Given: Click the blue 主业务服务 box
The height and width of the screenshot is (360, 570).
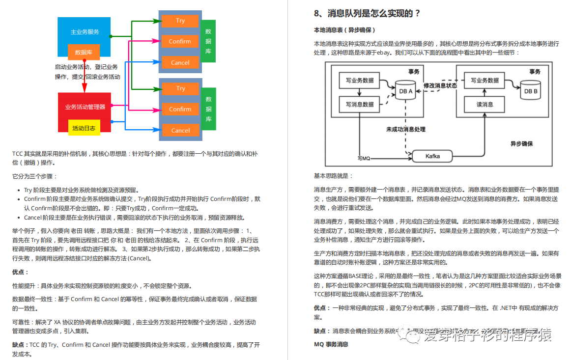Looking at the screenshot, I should [x=85, y=31].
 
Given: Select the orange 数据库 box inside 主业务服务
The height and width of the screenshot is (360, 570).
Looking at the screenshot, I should [x=84, y=52].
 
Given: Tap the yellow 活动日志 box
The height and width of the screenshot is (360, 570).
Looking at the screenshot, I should [x=84, y=128].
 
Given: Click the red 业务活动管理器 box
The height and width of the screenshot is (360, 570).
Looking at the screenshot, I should [x=85, y=107].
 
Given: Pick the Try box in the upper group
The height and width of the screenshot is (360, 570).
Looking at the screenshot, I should [x=180, y=21].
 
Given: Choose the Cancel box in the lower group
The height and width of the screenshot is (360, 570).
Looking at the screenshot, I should [x=180, y=130].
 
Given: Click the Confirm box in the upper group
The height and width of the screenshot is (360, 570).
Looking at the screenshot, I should [x=180, y=42].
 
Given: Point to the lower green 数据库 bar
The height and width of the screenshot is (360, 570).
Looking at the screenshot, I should [x=208, y=110].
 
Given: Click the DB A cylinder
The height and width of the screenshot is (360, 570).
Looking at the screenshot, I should [x=406, y=90].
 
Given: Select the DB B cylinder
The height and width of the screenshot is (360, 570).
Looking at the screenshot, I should [x=531, y=90].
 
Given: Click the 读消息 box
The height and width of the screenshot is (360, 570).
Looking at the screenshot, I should [x=484, y=104].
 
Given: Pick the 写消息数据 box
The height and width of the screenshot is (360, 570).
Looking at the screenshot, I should [x=359, y=104].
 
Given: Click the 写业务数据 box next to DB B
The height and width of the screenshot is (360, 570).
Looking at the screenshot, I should [x=484, y=81].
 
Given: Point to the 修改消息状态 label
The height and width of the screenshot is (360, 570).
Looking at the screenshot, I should [x=440, y=85].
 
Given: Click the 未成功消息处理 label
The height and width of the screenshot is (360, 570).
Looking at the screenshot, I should [x=405, y=130].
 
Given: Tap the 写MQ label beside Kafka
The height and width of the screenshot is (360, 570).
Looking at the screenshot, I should [x=364, y=158].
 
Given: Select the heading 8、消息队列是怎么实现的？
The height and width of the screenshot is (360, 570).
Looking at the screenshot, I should [x=367, y=14].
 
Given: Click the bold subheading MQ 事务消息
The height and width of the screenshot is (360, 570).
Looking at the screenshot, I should [x=331, y=344].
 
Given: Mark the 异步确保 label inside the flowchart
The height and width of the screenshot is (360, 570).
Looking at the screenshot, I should [x=521, y=144].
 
